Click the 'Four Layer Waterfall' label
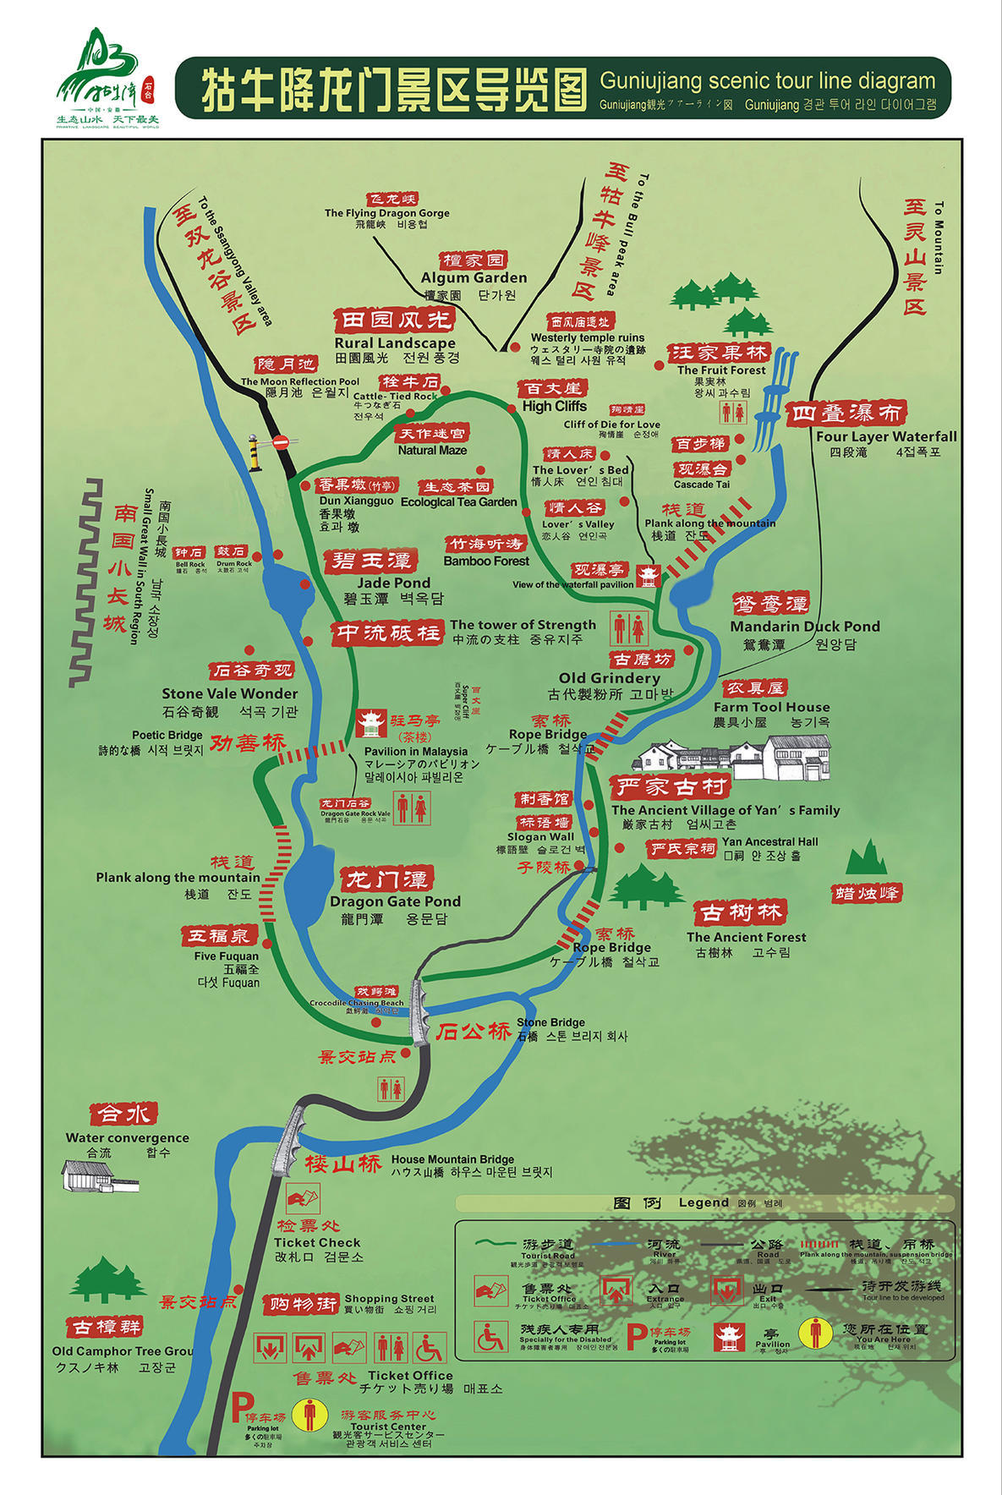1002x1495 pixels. pos(886,436)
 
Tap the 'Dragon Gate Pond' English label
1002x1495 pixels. pos(395,901)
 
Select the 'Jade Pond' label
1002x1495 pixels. pos(393,583)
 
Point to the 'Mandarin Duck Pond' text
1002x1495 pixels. pos(804,627)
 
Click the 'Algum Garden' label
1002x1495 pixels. pos(474,277)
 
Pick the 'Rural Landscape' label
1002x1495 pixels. pos(395,342)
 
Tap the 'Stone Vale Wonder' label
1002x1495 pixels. pos(230,693)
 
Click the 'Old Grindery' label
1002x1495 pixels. pos(609,677)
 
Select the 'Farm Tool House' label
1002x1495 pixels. pos(771,707)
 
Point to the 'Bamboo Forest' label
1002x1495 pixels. pos(486,561)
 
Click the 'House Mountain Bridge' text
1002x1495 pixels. pos(452,1159)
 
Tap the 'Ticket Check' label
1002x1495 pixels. pos(317,1242)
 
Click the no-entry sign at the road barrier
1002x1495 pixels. pos(282,441)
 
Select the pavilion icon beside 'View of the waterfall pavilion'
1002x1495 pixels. pos(649,577)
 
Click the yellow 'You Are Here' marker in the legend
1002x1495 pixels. pos(815,1332)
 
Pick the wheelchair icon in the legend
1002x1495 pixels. pos(490,1337)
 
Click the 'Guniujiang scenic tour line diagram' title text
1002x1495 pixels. pos(767,81)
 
